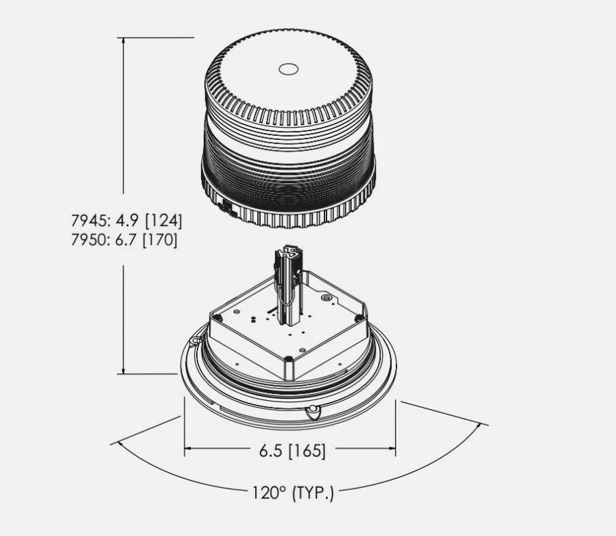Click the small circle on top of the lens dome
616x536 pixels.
pyautogui.click(x=288, y=69)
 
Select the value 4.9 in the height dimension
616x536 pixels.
pyautogui.click(x=126, y=221)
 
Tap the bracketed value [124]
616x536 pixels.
pyautogui.click(x=163, y=221)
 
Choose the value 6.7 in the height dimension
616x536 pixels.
pyautogui.click(x=126, y=240)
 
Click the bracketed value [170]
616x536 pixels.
pyautogui.click(x=160, y=240)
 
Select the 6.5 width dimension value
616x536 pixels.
pyautogui.click(x=270, y=451)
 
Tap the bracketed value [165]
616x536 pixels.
pyautogui.click(x=307, y=451)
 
